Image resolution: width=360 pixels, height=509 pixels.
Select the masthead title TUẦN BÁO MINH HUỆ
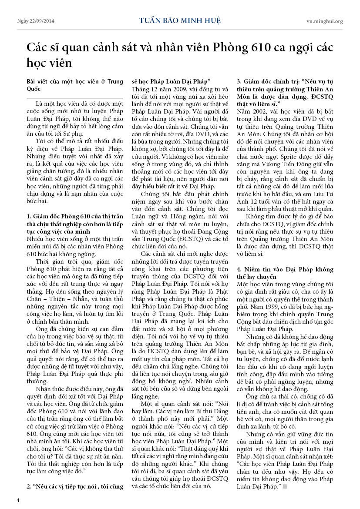(x=180, y=20)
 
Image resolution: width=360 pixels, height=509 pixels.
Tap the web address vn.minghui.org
(x=325, y=21)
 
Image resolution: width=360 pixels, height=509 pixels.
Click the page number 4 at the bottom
(x=18, y=500)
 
